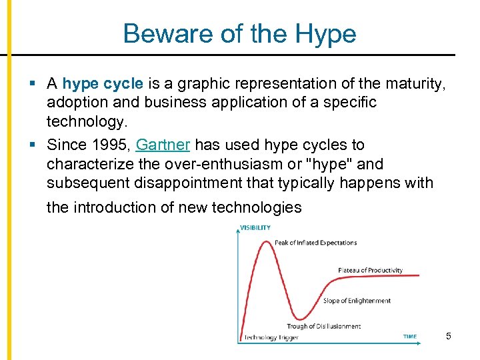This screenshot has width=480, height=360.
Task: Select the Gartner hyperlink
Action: point(163,145)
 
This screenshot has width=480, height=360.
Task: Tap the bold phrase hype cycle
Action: point(103,84)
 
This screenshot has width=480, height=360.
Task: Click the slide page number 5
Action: point(449,336)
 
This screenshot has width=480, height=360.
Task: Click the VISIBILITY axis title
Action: point(255,227)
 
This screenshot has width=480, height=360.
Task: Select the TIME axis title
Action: point(410,337)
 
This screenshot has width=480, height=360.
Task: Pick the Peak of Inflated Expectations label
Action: point(315,243)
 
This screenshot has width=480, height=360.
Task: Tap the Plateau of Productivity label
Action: point(370,270)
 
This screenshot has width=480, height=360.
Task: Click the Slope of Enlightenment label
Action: point(357,301)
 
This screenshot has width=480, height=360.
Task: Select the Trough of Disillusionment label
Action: point(323,326)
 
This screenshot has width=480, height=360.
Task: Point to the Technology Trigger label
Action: point(271,337)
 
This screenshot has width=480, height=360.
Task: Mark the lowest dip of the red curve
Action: point(303,318)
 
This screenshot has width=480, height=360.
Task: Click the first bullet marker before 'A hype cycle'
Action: point(32,84)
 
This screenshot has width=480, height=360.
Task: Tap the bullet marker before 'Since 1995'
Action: point(32,145)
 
